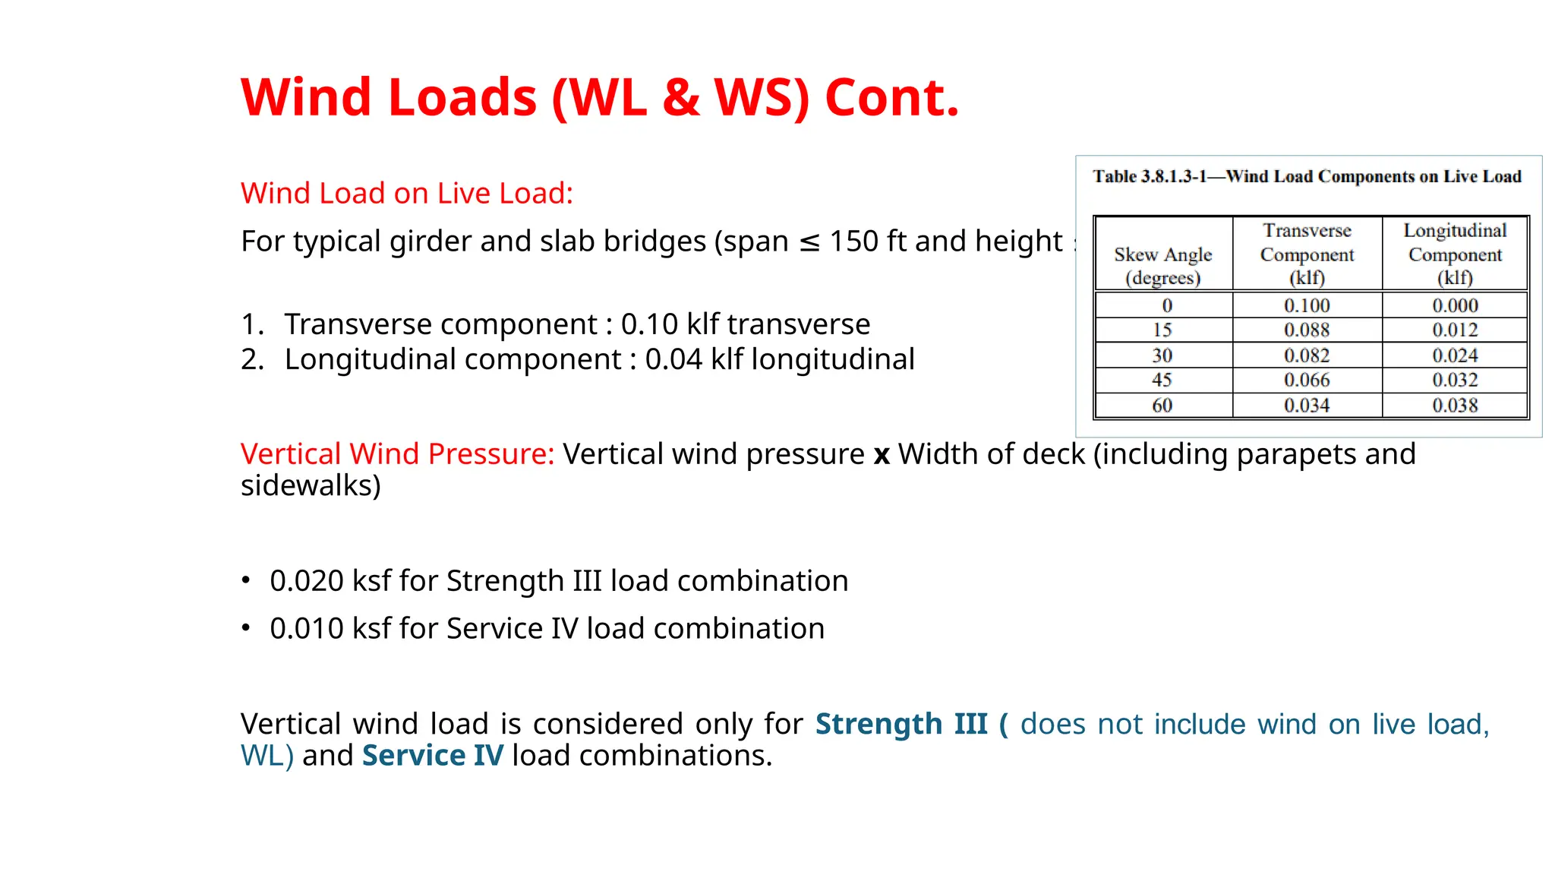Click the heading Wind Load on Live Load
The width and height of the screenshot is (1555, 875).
[406, 193]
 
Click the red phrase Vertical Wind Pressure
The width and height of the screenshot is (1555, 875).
[397, 454]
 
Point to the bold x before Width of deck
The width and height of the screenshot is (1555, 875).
[882, 455]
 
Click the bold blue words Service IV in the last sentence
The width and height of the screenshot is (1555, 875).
[432, 756]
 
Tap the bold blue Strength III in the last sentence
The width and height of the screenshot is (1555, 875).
[901, 724]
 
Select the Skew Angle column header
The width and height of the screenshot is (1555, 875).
[1162, 265]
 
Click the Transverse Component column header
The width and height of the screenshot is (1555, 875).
[1307, 254]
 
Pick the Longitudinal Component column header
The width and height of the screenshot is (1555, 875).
[1455, 254]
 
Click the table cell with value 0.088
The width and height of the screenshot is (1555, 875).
[1307, 330]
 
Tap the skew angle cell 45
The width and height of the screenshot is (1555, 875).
[1162, 380]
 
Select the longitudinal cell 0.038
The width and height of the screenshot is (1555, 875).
[1455, 406]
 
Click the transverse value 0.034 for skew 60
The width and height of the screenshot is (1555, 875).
[1307, 406]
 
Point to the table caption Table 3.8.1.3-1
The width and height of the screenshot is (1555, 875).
[1150, 177]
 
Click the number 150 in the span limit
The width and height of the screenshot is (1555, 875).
[853, 242]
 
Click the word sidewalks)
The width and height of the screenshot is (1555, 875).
[311, 486]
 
